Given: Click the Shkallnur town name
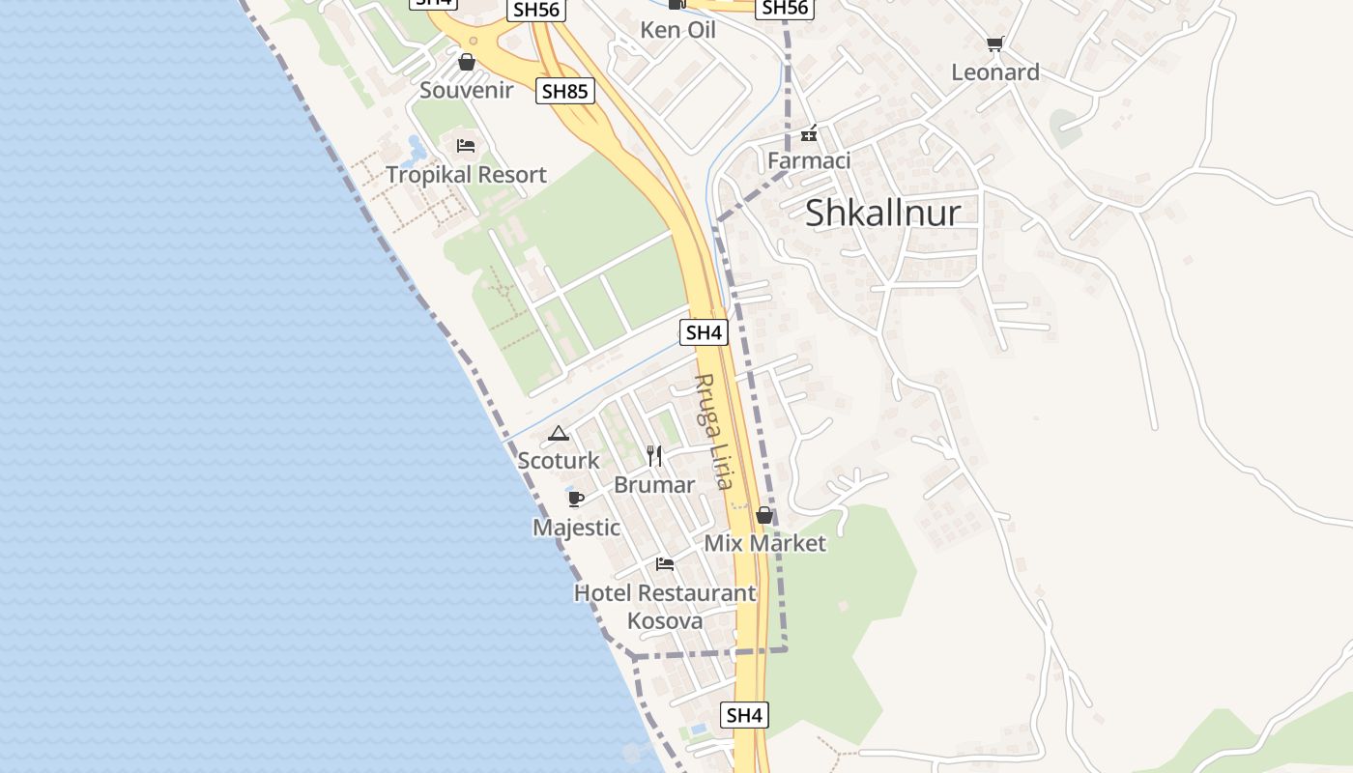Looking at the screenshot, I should [x=882, y=213].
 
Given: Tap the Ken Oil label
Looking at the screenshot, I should [x=677, y=30].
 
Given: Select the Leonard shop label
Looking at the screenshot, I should [x=994, y=72].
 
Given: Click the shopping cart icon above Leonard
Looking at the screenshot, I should [x=994, y=43].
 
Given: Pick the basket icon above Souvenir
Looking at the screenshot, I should [x=467, y=63].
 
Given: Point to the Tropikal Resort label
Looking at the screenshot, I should [x=466, y=175].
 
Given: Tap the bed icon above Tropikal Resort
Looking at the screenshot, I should [x=466, y=146].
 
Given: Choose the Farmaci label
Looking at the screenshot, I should [x=809, y=160].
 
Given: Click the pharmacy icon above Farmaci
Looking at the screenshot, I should [x=810, y=132].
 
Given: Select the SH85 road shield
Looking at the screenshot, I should [x=564, y=92].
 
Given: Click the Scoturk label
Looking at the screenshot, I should [x=559, y=461].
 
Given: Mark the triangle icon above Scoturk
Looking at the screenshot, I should [x=559, y=433].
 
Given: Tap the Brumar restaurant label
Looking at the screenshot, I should [x=654, y=485].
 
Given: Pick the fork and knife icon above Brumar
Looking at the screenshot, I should [x=654, y=456].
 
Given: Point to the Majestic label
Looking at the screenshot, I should [x=576, y=528].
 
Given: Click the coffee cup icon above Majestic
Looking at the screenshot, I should [x=576, y=499].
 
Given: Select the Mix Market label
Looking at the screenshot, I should [x=764, y=543].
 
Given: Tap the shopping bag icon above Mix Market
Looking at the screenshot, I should [x=764, y=515].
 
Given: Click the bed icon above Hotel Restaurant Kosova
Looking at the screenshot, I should [x=665, y=564].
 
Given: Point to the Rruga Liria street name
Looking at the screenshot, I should [x=714, y=432].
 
